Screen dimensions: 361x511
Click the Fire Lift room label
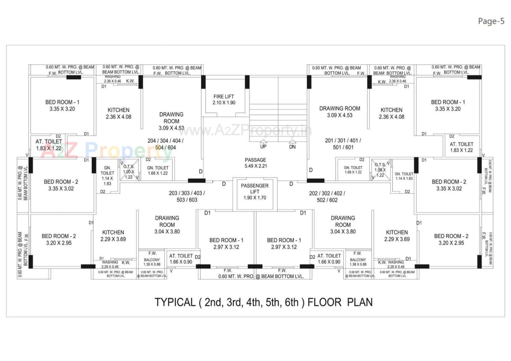click(224, 99)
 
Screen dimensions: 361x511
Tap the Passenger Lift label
click(255, 192)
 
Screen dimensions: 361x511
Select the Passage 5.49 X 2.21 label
click(256, 163)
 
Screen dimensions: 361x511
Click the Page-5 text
click(491, 21)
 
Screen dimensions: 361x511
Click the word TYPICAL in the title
click(175, 302)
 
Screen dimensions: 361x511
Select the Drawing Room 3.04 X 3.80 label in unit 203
click(167, 225)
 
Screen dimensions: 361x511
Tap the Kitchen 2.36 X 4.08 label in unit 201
click(392, 113)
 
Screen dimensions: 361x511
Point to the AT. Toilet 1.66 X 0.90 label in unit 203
click(181, 259)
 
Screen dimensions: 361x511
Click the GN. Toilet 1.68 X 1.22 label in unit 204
click(158, 170)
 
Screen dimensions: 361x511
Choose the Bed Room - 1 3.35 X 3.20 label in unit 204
click(62, 105)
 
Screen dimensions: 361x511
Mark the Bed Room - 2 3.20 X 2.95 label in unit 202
click(451, 239)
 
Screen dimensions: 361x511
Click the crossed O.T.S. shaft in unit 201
click(380, 170)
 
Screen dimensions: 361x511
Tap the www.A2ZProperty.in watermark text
click(245, 130)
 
